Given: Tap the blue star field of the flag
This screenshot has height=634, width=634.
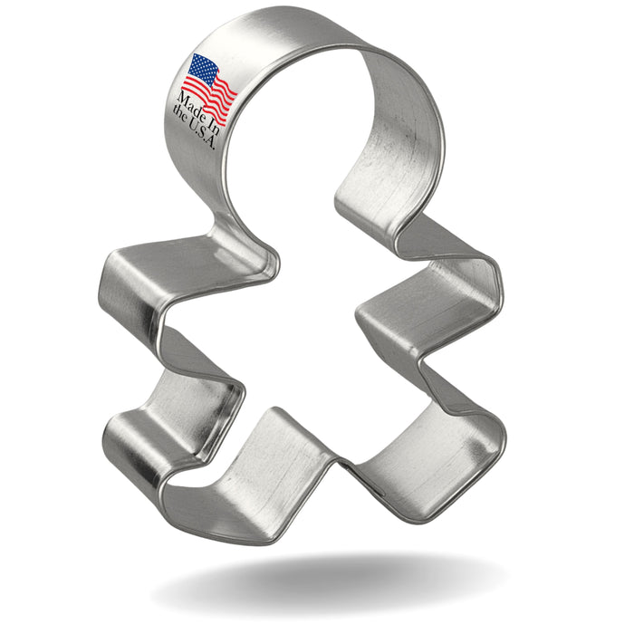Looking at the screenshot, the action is coord(204,69).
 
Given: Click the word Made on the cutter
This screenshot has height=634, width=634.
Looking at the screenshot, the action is coord(191,105).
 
